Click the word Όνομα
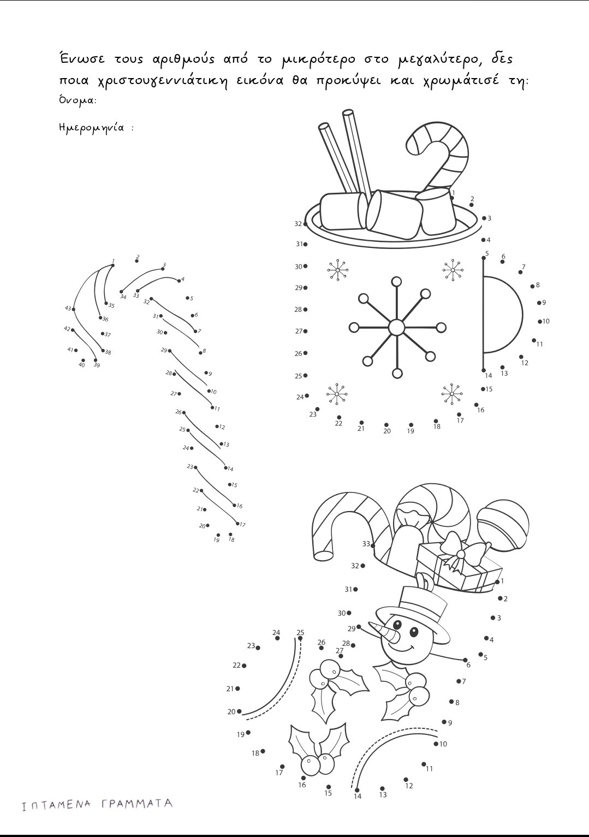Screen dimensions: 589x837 (x=78, y=100)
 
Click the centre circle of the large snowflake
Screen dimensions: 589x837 (x=396, y=328)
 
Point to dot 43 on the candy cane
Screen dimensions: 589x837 (x=74, y=309)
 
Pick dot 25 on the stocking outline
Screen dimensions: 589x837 (x=300, y=638)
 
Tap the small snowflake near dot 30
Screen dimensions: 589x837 (x=338, y=270)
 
